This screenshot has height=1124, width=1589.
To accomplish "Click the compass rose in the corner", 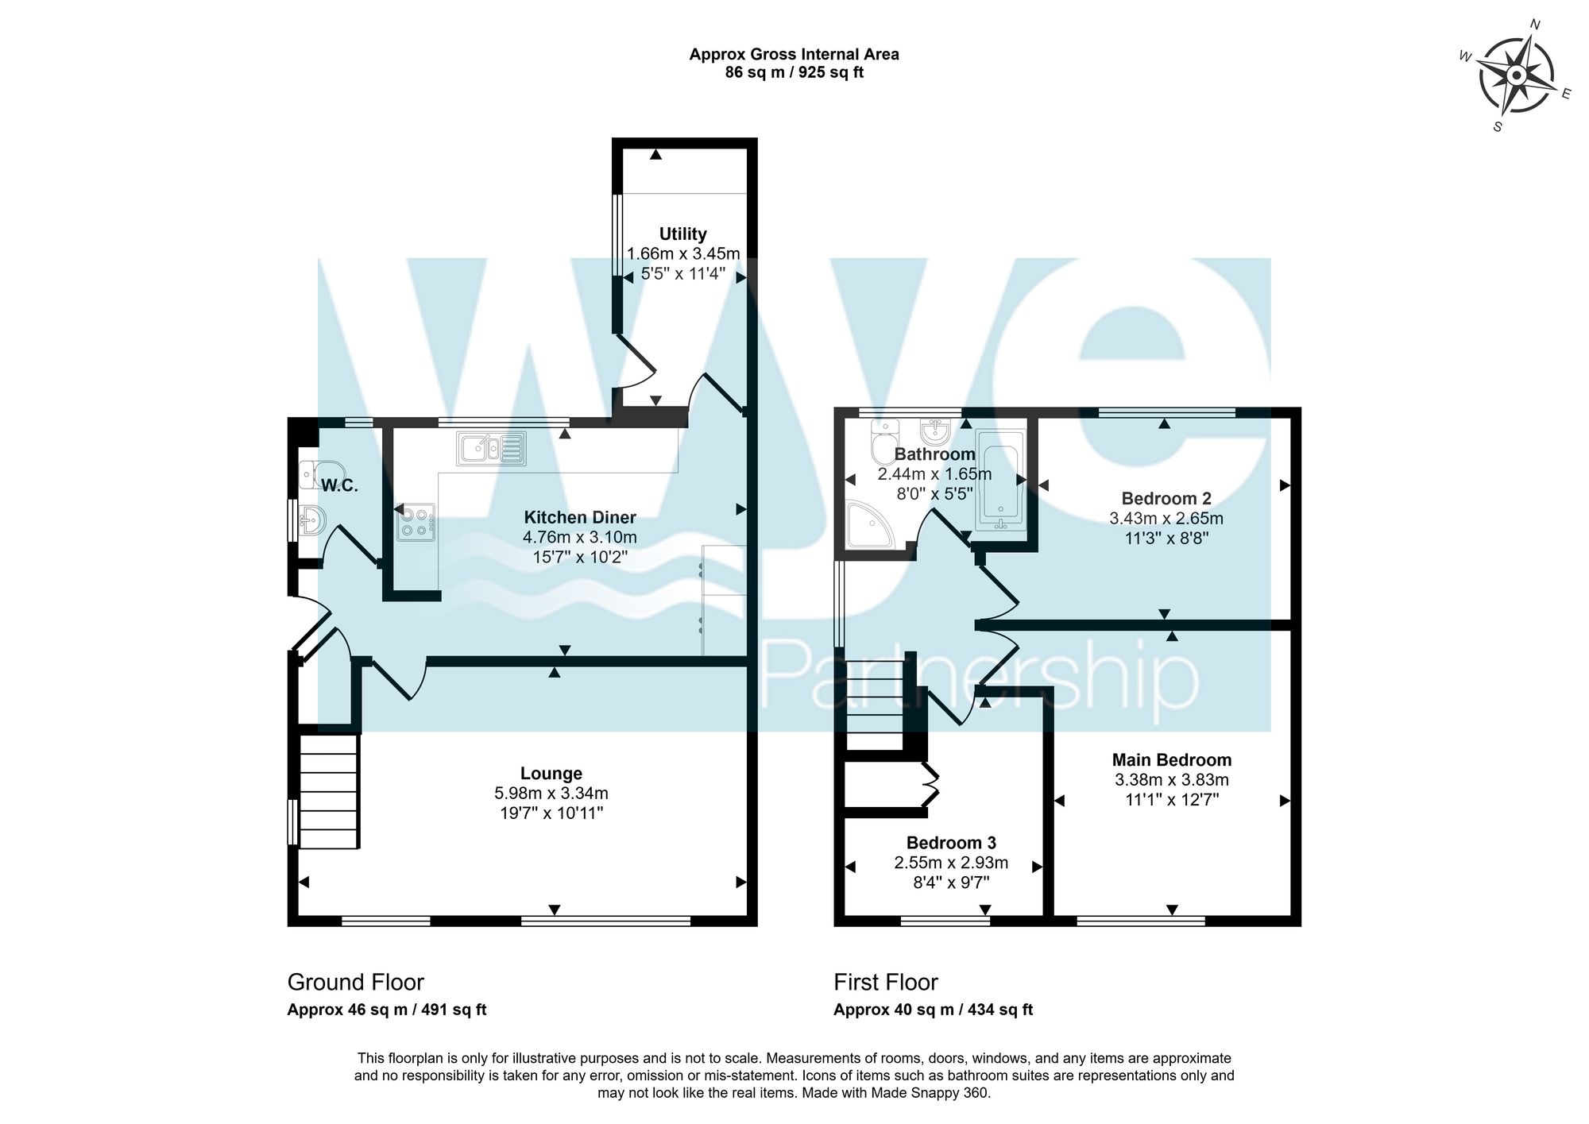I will click(x=1515, y=75).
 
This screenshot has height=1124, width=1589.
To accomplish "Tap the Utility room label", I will click(x=682, y=234).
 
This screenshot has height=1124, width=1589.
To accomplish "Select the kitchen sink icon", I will click(x=491, y=449).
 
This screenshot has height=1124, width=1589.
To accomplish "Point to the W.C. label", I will click(x=340, y=485).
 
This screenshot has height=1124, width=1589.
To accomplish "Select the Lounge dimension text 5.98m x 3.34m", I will click(x=551, y=793).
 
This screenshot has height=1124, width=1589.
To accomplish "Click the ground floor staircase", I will click(x=329, y=790).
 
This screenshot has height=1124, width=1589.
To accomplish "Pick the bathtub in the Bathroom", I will click(x=1000, y=480).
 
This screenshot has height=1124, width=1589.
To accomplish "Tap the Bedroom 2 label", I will click(x=1166, y=498).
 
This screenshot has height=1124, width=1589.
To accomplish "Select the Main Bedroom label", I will click(x=1171, y=759).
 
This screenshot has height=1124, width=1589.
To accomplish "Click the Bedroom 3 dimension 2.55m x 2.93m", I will click(x=951, y=863).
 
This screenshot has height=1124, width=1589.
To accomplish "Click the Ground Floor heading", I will click(x=355, y=982).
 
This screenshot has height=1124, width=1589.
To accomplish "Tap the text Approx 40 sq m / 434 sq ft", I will click(x=933, y=1010).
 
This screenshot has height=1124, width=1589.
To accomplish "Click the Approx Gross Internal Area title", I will click(x=794, y=54).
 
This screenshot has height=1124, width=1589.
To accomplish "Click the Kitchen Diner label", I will click(x=579, y=517).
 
